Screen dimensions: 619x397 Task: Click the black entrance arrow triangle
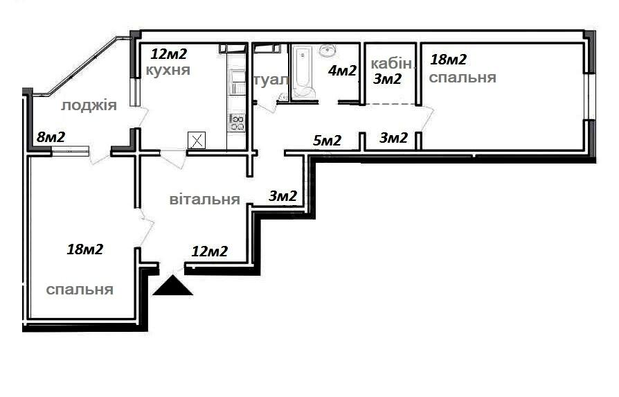tap(172, 287)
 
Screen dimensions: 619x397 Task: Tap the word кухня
tap(168, 70)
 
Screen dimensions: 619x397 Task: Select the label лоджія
tap(89, 106)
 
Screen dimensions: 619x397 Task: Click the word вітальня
tap(204, 199)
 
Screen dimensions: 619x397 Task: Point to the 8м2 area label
tap(51, 137)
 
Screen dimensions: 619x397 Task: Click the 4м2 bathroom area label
tap(342, 71)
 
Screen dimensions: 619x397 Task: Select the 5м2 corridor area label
tap(327, 140)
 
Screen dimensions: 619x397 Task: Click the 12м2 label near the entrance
tap(210, 252)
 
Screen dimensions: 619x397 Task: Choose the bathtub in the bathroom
tap(303, 72)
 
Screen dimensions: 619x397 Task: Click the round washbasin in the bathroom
tap(328, 50)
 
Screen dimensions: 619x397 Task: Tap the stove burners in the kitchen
tap(237, 123)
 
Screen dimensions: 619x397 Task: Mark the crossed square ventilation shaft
tap(197, 140)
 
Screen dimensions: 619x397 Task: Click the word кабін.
tap(391, 63)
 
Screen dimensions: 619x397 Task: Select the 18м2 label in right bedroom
tap(449, 60)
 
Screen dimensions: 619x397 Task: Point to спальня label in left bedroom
tap(80, 290)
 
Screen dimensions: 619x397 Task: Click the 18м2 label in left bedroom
tap(85, 249)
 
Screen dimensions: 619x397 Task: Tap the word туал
tap(271, 80)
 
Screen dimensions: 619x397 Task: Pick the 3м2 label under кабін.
tap(387, 79)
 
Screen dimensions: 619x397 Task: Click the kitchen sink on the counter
tap(237, 81)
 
